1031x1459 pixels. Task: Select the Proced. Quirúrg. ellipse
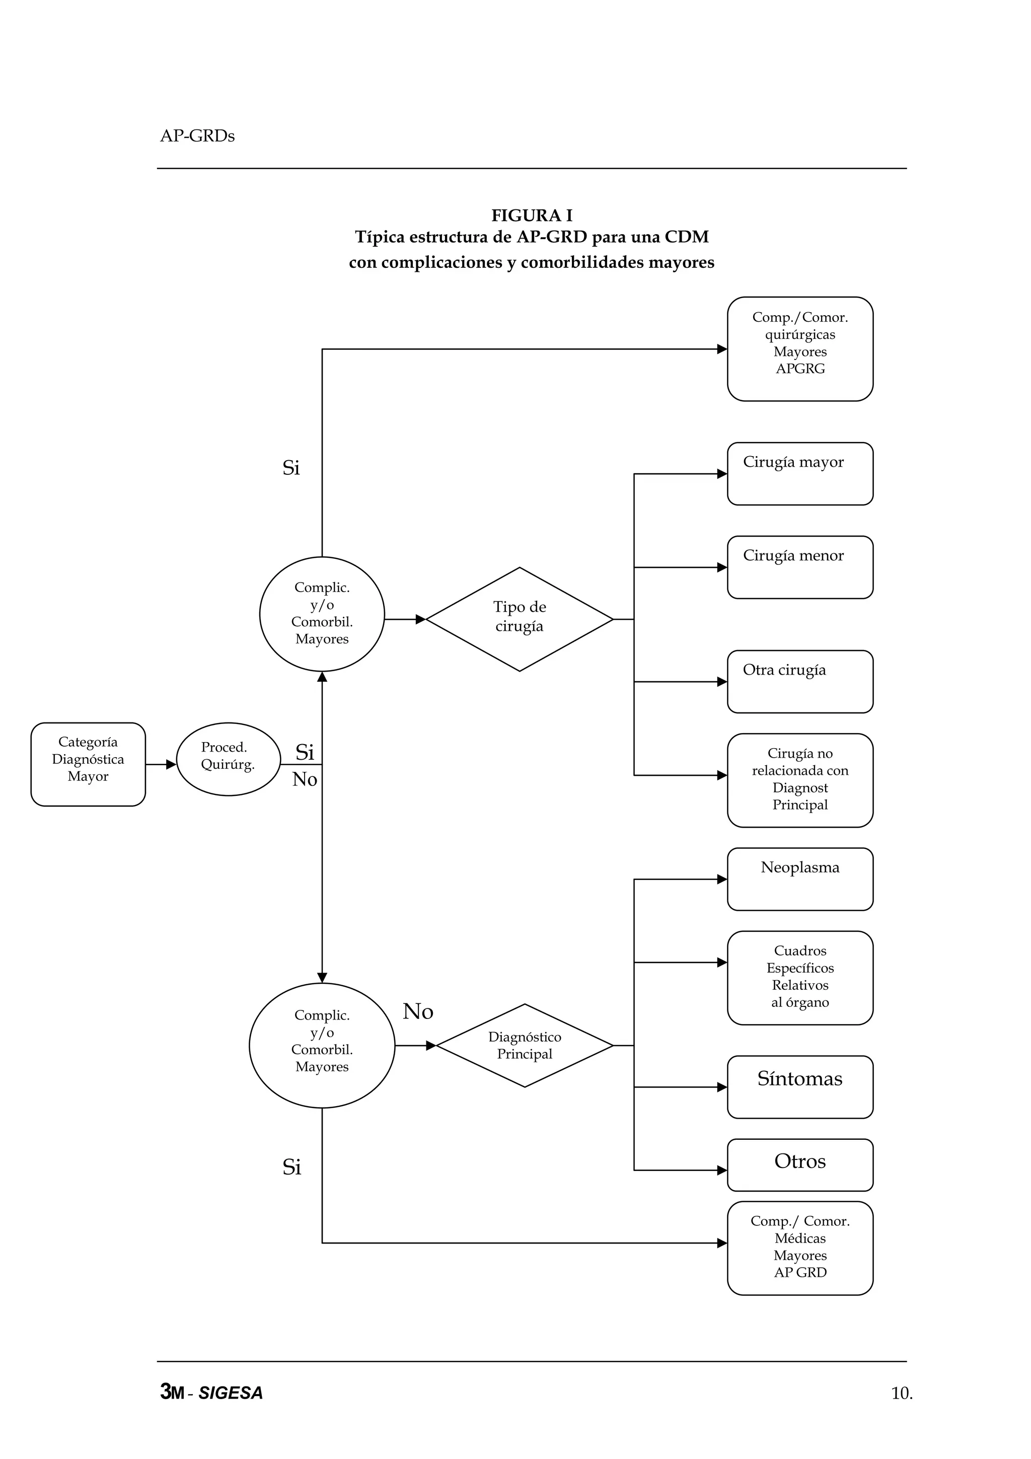[x=228, y=759]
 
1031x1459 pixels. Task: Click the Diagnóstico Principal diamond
[x=524, y=1045]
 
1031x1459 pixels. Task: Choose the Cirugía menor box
[x=800, y=567]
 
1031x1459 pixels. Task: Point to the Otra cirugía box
[x=800, y=681]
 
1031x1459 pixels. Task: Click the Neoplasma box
[x=800, y=879]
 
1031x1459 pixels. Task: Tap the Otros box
[x=800, y=1165]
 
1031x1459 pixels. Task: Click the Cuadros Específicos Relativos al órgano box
[x=800, y=977]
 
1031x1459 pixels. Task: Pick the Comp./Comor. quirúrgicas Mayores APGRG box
[x=800, y=348]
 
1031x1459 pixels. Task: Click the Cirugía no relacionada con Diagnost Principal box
[x=800, y=780]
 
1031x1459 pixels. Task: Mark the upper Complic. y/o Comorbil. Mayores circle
[x=322, y=613]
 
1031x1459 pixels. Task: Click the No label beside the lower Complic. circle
[x=418, y=1011]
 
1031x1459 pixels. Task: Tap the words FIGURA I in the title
[x=532, y=215]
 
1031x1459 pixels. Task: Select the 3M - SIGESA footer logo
[x=211, y=1392]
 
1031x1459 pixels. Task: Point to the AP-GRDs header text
[x=197, y=136]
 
